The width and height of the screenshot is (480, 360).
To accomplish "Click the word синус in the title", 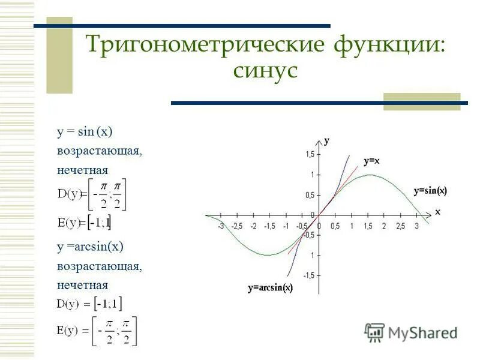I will coord(265,71).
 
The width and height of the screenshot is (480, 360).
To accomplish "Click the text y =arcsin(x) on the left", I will coord(90,246).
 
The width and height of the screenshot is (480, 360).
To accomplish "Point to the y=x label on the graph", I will coord(372,161).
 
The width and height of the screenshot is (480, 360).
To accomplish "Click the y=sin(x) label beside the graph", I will coord(430,191).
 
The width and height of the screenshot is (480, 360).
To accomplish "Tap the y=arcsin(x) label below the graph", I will coord(271,287).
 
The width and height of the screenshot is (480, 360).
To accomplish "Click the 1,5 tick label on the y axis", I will coord(310,154).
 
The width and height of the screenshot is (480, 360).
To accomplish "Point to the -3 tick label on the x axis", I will coord(221,226).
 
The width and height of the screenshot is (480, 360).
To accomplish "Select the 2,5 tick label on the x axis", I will coord(400,226).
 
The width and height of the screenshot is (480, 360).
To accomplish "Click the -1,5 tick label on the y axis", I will coord(308,275).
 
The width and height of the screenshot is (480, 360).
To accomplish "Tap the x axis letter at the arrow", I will coord(437,212).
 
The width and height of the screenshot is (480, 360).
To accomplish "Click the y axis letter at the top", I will coord(327,142).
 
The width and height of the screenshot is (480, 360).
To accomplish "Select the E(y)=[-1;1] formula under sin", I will coord(85,223).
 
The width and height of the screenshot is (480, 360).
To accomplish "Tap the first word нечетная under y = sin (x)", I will coord(83,170).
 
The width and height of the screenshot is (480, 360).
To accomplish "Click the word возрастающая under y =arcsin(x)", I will coord(100,265).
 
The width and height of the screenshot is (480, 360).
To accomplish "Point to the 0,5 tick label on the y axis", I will coord(310,195).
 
